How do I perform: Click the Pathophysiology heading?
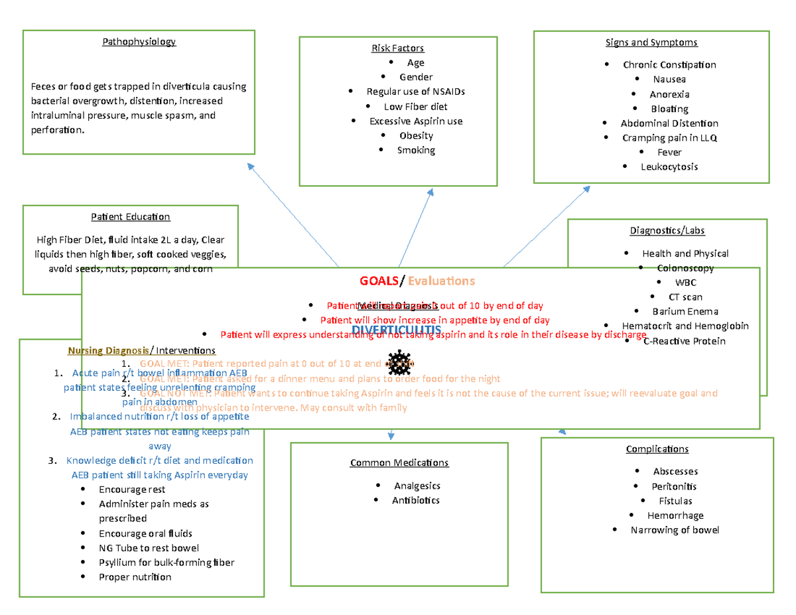tap(139, 42)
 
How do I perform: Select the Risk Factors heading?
tap(397, 48)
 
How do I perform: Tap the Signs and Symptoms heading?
tap(651, 42)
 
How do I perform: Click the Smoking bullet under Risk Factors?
tap(416, 150)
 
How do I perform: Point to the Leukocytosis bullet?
tap(669, 167)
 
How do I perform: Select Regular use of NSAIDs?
tap(415, 92)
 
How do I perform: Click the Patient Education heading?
tap(130, 217)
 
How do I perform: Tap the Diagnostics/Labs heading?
tap(667, 231)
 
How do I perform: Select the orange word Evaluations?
tap(441, 281)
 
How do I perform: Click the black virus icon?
tap(400, 363)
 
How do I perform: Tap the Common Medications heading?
tap(399, 462)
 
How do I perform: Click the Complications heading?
tap(657, 449)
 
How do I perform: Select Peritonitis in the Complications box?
tap(675, 486)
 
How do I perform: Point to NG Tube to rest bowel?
tap(149, 548)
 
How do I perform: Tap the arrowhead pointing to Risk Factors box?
tap(431, 192)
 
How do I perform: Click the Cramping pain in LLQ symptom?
tap(669, 138)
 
